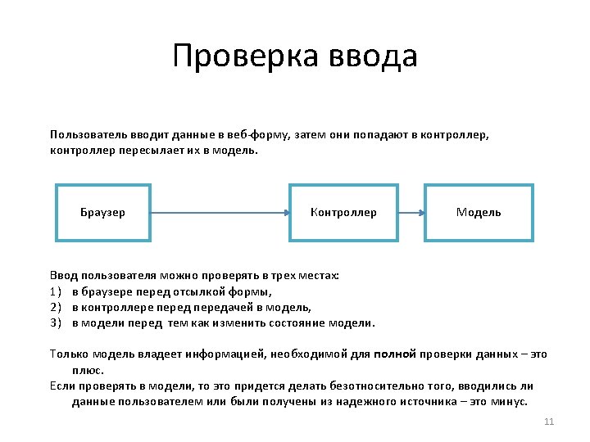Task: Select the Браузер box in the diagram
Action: [103, 213]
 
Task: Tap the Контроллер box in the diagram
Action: [343, 213]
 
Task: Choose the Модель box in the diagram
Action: [479, 213]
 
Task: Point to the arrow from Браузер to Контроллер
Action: [220, 213]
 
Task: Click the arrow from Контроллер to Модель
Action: [411, 213]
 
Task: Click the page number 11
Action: [549, 422]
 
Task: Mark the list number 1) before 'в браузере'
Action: [56, 291]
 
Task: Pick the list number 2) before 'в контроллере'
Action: [56, 307]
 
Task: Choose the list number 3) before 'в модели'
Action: [56, 322]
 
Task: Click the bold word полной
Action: [395, 354]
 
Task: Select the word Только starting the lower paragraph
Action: [68, 354]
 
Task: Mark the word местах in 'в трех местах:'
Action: [318, 276]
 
